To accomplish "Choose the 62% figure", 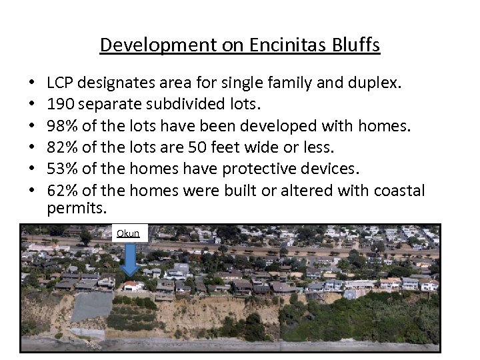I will pos(62,191).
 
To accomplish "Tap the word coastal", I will pos(397,191).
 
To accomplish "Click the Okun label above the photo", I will pos(128,233).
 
